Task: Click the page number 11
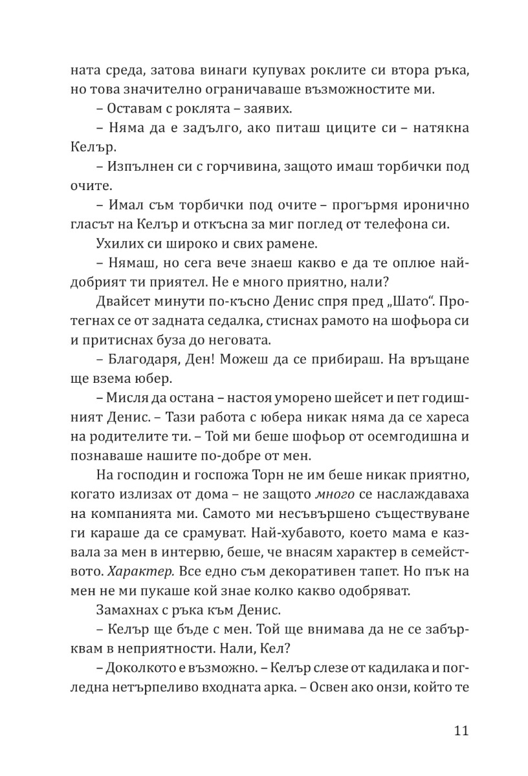[461, 731]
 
